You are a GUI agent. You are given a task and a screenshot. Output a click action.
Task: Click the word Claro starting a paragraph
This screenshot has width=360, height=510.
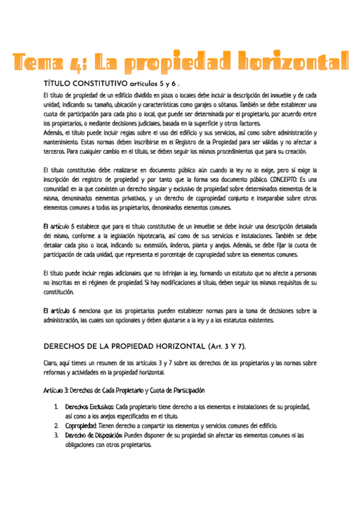[x=52, y=363]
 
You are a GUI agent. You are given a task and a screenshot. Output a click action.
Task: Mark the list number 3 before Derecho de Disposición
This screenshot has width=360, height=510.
[x=56, y=435]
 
